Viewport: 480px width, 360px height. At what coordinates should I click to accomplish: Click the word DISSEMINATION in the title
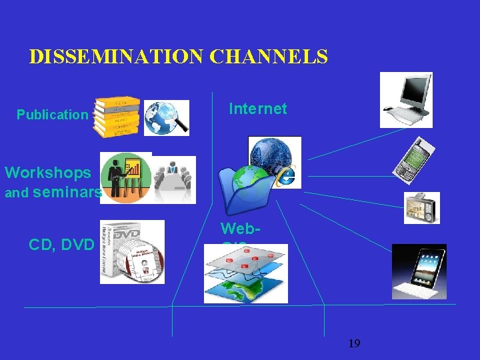[117, 57]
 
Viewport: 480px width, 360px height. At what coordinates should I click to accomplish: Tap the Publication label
[52, 115]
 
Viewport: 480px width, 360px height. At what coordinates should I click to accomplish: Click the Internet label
[258, 109]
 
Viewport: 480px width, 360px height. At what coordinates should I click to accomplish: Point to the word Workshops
[48, 173]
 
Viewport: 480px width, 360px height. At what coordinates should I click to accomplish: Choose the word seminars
[67, 193]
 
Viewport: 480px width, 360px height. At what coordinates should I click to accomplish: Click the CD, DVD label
[62, 245]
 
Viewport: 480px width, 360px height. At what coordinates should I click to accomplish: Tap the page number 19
[355, 343]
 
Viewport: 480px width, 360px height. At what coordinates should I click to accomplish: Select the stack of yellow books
[117, 117]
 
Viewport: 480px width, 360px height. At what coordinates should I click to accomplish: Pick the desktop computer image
[406, 100]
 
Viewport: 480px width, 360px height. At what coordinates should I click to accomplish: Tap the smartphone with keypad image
[411, 159]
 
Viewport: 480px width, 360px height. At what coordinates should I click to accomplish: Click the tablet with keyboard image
[419, 271]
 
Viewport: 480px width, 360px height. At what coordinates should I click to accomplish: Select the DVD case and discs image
[132, 252]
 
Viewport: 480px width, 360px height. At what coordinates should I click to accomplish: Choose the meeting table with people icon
[175, 179]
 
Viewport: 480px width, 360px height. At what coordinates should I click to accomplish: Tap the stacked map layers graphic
[246, 273]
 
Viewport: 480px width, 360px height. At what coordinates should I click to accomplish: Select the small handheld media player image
[422, 208]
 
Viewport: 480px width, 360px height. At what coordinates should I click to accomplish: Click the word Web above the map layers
[240, 229]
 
